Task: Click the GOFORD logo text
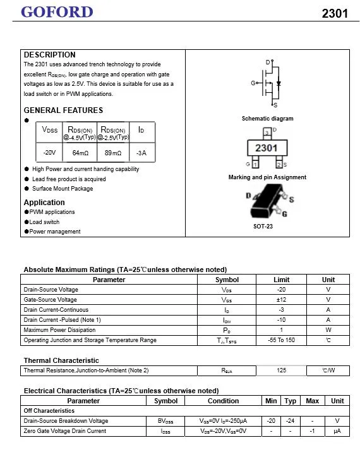click(x=57, y=12)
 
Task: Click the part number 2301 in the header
click(x=334, y=13)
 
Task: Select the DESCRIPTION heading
click(x=49, y=55)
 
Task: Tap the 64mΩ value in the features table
click(x=80, y=153)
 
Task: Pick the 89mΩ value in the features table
click(x=113, y=153)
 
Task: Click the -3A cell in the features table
click(x=141, y=153)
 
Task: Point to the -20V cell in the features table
click(x=49, y=153)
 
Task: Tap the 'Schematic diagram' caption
click(x=267, y=119)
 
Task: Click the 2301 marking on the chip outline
click(x=267, y=148)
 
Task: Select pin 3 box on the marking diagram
click(x=267, y=133)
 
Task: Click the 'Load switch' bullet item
click(x=44, y=222)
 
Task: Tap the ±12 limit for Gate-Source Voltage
click(x=281, y=300)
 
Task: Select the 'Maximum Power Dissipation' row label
click(x=59, y=330)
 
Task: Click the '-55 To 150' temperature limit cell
click(x=281, y=340)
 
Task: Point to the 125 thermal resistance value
click(x=281, y=370)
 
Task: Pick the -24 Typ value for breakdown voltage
click(x=290, y=421)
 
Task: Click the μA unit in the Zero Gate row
click(x=337, y=431)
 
